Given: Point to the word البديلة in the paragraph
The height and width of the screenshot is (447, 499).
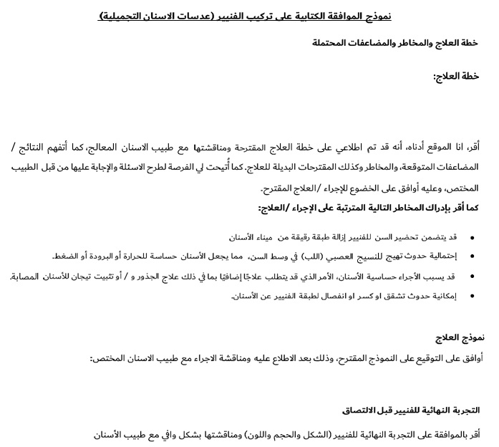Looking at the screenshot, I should click(293, 167).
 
